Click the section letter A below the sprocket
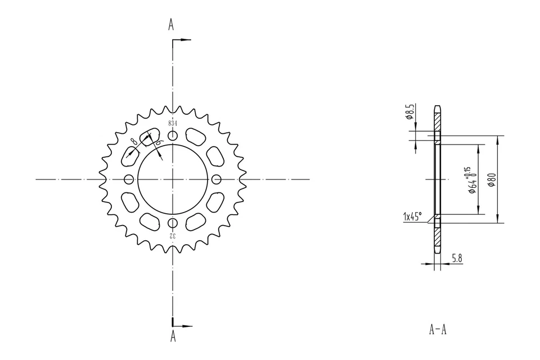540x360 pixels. coord(173,336)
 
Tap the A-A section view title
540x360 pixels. coord(438,329)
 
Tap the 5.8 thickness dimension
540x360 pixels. coord(457,259)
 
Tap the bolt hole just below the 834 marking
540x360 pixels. coord(173,136)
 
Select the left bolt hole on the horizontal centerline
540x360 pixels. coord(129,179)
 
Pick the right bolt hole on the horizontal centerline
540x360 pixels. coord(217,179)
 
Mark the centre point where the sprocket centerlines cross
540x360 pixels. coord(173,179)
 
